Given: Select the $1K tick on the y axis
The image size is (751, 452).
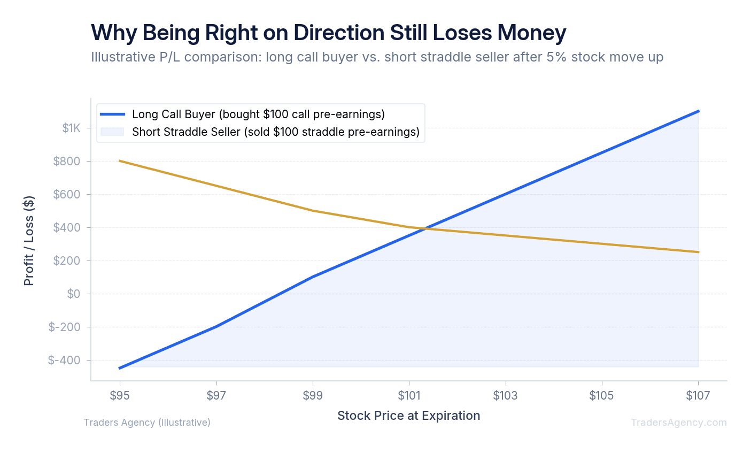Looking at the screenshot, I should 71,128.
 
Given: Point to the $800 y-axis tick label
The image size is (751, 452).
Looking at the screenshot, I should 67,161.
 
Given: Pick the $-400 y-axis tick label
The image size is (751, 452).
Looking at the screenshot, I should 64,360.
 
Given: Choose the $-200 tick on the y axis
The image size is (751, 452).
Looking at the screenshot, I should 64,327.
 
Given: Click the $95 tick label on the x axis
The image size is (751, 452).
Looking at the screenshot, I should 120,395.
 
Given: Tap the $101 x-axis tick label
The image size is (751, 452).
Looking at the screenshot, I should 409,395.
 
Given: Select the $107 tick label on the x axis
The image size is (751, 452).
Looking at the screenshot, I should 698,395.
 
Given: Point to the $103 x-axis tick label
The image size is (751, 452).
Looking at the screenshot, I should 505,395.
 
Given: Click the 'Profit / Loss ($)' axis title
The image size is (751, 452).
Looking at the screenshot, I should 29,241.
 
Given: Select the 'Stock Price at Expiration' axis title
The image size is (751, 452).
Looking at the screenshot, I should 408,416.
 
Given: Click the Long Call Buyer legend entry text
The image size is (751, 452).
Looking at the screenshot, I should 258,114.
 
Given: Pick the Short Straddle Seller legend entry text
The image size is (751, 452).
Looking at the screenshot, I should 275,132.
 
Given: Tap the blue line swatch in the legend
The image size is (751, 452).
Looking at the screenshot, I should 112,114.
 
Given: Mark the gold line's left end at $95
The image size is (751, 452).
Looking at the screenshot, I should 120,160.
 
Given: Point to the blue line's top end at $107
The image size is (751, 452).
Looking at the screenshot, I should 698,111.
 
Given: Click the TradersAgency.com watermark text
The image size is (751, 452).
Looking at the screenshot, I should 678,423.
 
